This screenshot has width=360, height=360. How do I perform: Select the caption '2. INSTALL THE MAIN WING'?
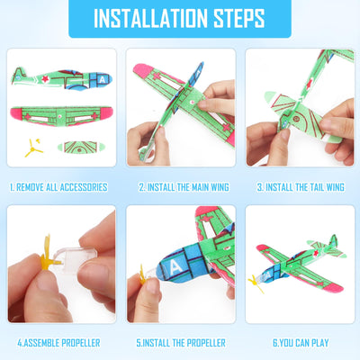click(180, 187)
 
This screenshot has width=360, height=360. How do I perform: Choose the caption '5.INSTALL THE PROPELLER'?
click(180, 343)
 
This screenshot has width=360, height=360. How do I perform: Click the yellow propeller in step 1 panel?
click(29, 147)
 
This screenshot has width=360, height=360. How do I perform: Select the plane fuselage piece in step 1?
click(58, 76)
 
